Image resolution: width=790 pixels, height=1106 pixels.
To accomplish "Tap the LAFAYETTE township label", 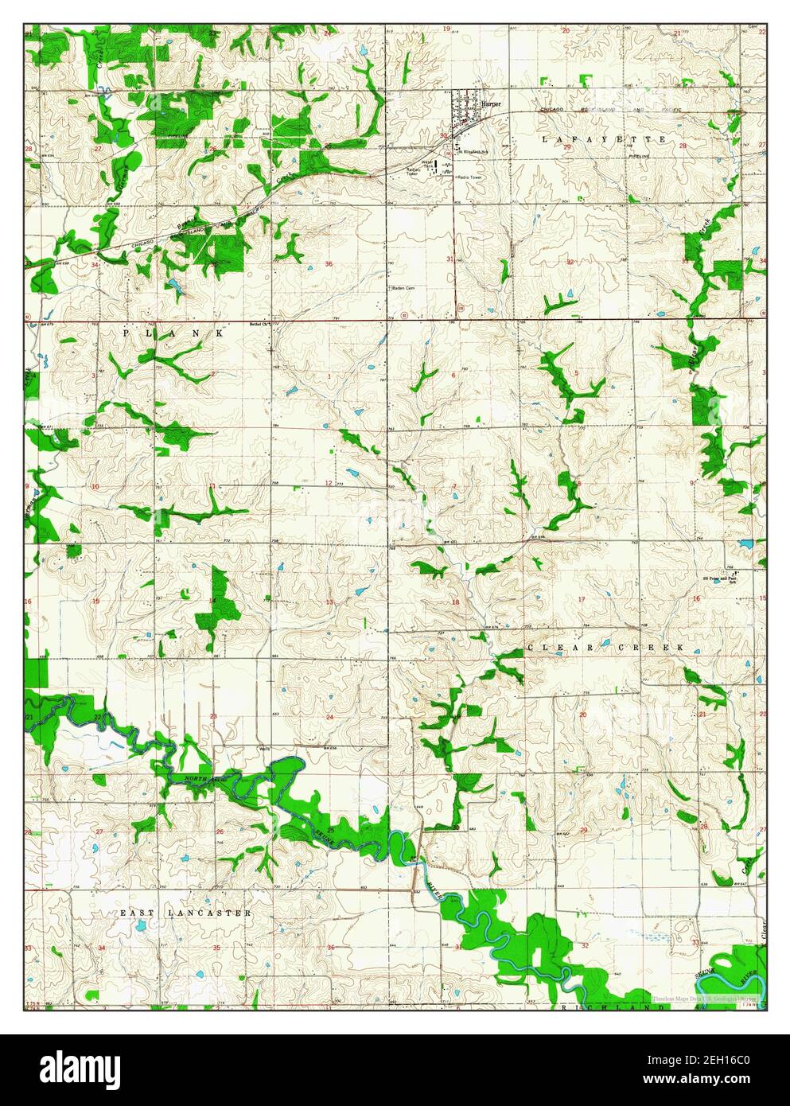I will coord(603,139).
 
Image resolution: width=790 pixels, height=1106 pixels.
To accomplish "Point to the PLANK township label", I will coord(173,334).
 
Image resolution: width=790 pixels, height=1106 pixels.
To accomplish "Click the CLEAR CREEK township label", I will coord(605,648).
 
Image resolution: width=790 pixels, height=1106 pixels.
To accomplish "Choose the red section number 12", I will coord(328,483).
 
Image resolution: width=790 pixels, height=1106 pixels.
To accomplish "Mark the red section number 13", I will coord(329,602).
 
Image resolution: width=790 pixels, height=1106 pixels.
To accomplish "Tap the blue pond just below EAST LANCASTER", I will coord(139,926).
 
